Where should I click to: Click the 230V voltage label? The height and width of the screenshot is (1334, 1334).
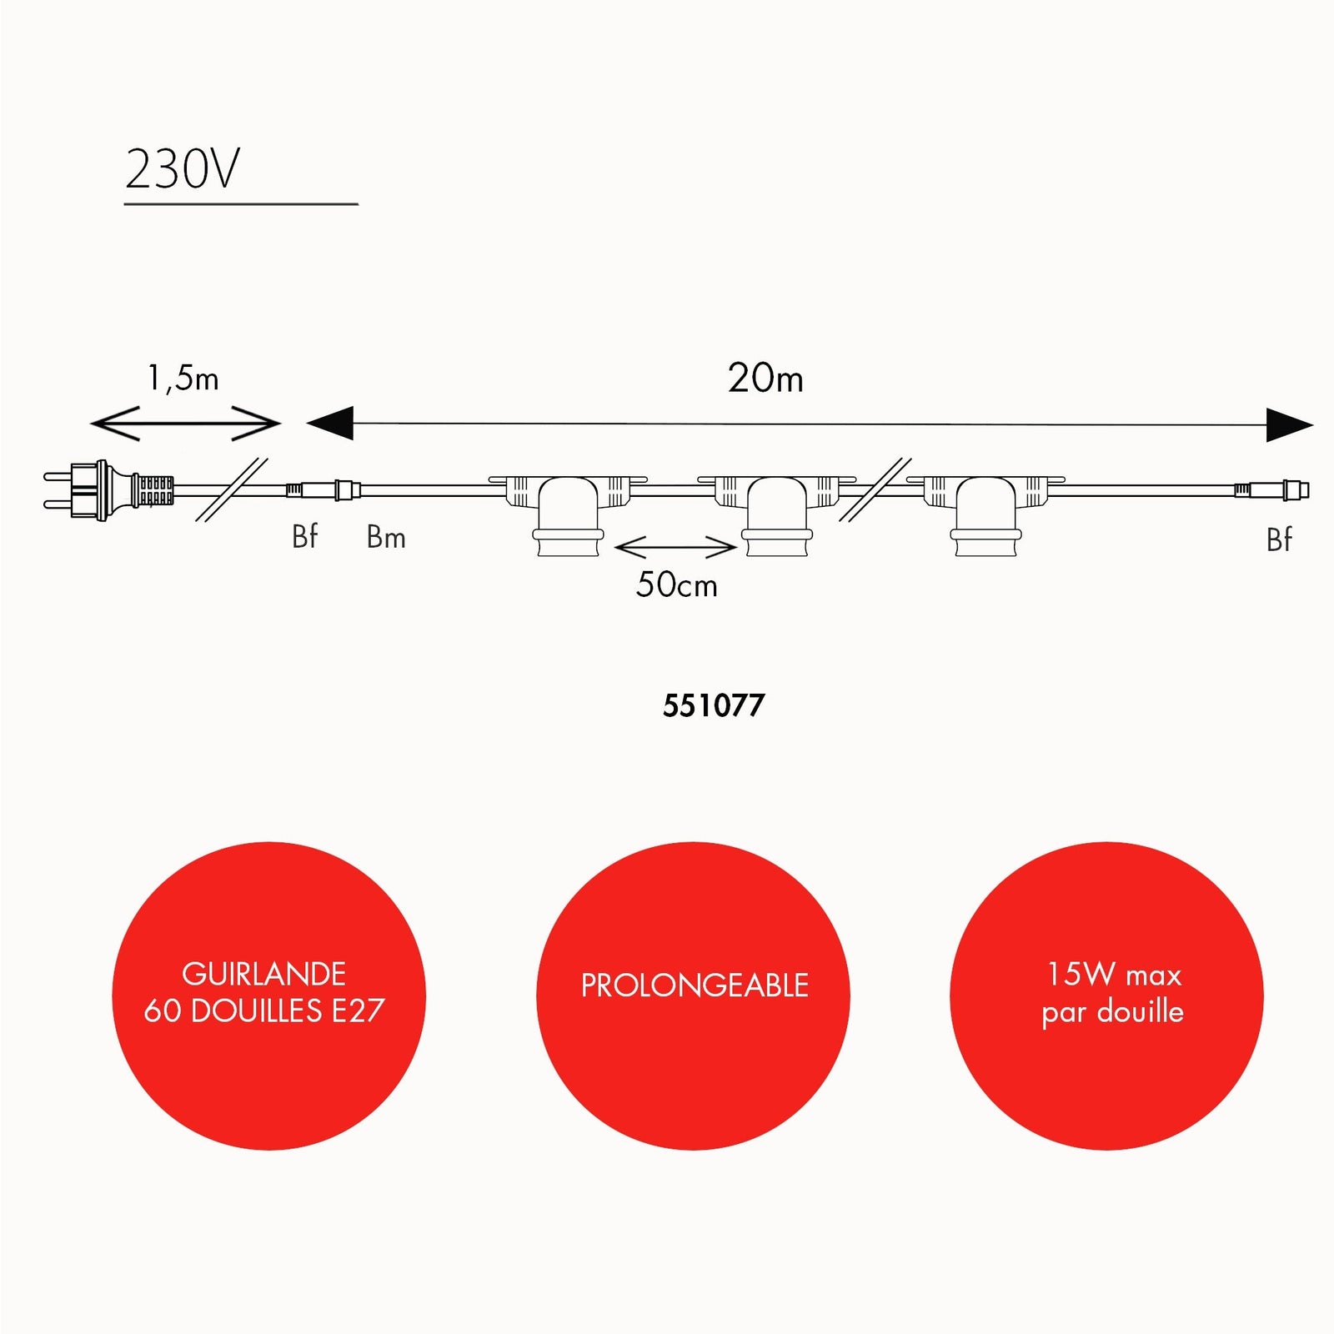183,169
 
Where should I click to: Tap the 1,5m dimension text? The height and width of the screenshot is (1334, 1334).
183,379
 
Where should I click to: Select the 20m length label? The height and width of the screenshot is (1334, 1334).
765,378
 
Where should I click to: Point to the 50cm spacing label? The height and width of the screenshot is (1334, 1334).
676,584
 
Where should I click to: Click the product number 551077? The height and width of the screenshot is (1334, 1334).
714,706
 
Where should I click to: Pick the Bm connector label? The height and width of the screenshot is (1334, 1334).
386,538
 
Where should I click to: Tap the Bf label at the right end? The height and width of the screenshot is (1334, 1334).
1279,540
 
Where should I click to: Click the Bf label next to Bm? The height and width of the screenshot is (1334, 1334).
305,536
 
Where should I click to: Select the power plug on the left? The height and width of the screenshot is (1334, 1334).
109,490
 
